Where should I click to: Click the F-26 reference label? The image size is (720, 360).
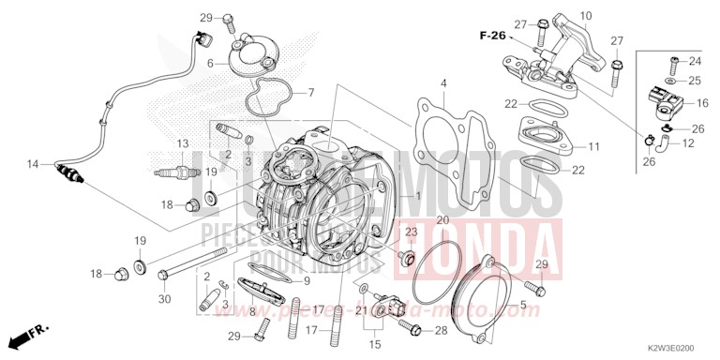pos(491,36)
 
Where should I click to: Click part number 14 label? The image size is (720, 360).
pos(33,165)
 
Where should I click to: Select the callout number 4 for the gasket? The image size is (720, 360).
pos(443,84)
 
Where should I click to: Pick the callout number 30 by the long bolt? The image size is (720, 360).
pos(165,300)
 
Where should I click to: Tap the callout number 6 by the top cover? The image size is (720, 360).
pos(211,63)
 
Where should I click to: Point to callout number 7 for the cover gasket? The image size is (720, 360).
pos(311,93)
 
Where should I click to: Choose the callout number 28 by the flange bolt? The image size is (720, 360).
pos(441,331)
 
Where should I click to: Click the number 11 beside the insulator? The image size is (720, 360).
pos(593,147)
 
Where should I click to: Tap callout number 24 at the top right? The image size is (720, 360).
pos(696,61)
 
